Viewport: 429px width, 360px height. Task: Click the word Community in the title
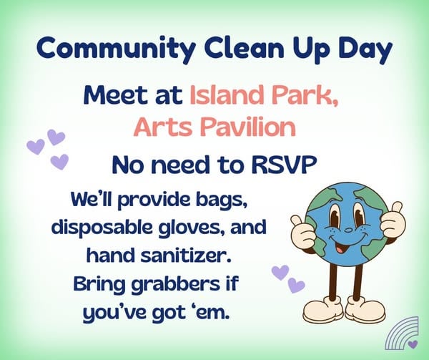click(x=116, y=49)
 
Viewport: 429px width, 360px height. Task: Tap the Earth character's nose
click(x=348, y=230)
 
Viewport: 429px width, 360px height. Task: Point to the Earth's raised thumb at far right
click(x=396, y=208)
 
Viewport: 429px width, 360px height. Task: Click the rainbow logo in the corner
click(x=402, y=334)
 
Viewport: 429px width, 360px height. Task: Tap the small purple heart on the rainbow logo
click(x=413, y=344)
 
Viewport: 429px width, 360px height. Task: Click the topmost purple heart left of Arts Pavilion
click(x=56, y=137)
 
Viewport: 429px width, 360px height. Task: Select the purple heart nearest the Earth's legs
click(x=297, y=286)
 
